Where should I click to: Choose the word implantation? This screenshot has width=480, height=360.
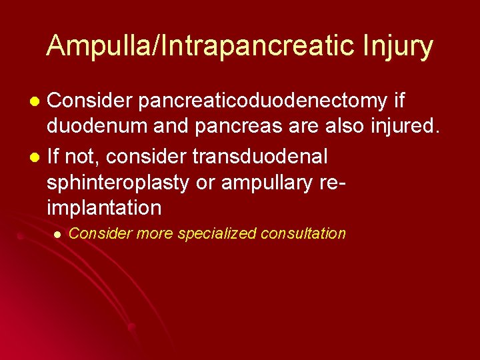[x=104, y=208]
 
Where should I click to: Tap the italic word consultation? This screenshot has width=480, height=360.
[x=303, y=233]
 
